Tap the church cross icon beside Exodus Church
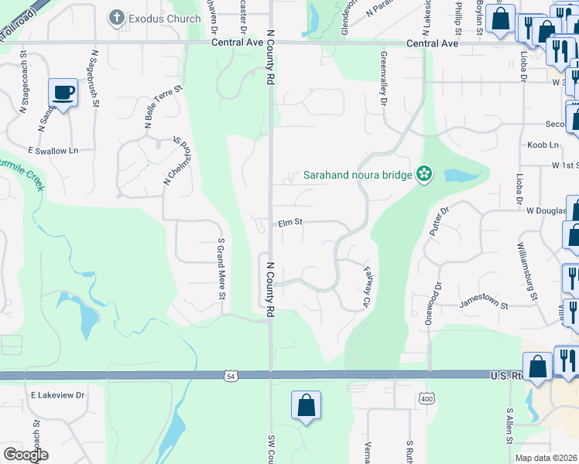click(117, 16)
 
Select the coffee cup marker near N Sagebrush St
click(63, 93)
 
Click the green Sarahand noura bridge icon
click(423, 175)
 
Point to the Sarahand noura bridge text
click(357, 176)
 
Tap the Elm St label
click(289, 223)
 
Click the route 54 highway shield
click(230, 377)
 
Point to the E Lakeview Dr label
click(57, 395)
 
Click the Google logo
click(26, 455)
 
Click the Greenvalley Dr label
click(382, 79)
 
